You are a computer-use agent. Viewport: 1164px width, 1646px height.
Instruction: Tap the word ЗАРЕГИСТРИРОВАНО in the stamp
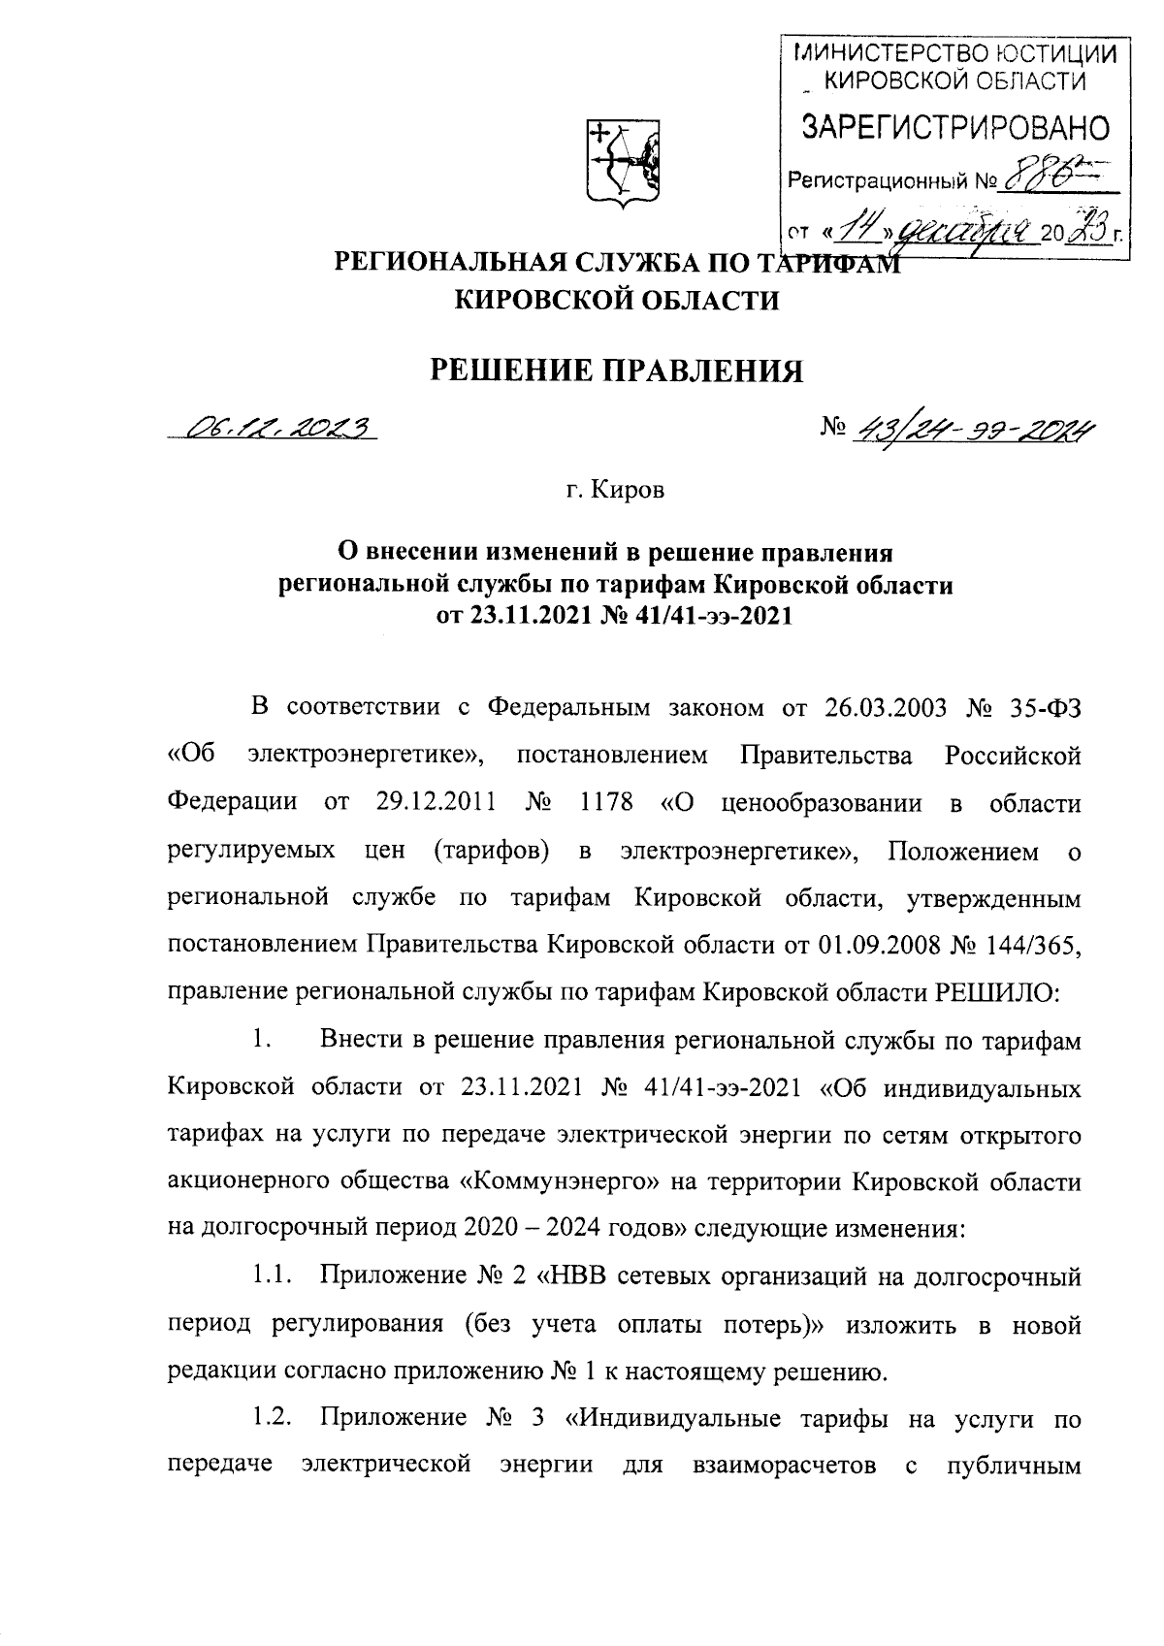[953, 128]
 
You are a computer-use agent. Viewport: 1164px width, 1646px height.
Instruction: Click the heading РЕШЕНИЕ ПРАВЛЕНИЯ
[618, 371]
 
